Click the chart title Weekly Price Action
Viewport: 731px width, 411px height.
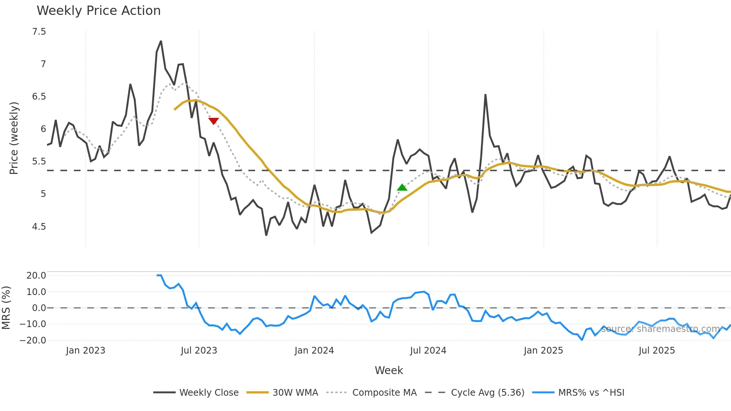point(98,11)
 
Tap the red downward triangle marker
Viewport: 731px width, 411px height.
point(213,121)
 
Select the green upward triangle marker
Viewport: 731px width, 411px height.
point(402,187)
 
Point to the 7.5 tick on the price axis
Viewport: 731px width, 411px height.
point(39,32)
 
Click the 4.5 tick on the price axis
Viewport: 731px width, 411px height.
point(39,226)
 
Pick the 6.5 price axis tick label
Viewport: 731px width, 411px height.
point(39,97)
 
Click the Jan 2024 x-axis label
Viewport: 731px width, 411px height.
point(314,351)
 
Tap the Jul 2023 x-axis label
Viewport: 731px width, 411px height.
point(199,351)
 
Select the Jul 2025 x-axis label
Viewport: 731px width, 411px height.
point(656,351)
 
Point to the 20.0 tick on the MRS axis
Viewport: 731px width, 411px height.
point(36,276)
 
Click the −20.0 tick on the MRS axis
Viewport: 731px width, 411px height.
point(33,340)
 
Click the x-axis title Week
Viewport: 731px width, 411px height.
point(389,370)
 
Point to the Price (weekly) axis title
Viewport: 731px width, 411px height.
point(14,138)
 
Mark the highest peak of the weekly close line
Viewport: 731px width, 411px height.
point(161,41)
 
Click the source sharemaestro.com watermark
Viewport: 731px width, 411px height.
point(660,329)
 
